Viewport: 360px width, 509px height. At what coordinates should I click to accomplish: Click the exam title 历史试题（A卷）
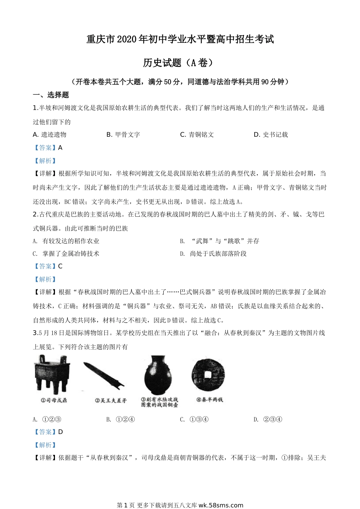tap(180, 62)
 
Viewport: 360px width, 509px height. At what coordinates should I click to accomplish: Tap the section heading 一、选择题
tap(51, 95)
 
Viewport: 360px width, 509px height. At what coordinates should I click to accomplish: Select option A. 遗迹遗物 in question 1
tap(50, 134)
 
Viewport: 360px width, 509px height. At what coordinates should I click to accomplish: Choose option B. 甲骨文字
tap(123, 134)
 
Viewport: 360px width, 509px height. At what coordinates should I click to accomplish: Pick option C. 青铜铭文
tap(197, 134)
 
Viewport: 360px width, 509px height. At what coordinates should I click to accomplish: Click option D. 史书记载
tap(271, 134)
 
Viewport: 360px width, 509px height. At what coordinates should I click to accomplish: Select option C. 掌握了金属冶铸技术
tap(66, 254)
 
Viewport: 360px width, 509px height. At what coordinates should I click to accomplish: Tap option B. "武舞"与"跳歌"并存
tap(219, 241)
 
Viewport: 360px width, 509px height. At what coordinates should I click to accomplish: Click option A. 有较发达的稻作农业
tap(66, 241)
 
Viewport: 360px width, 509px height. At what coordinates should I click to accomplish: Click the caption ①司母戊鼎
tap(53, 400)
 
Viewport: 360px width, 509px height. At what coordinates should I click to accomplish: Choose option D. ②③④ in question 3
tap(268, 419)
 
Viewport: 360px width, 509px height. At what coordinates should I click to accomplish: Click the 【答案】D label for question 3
tap(48, 432)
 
